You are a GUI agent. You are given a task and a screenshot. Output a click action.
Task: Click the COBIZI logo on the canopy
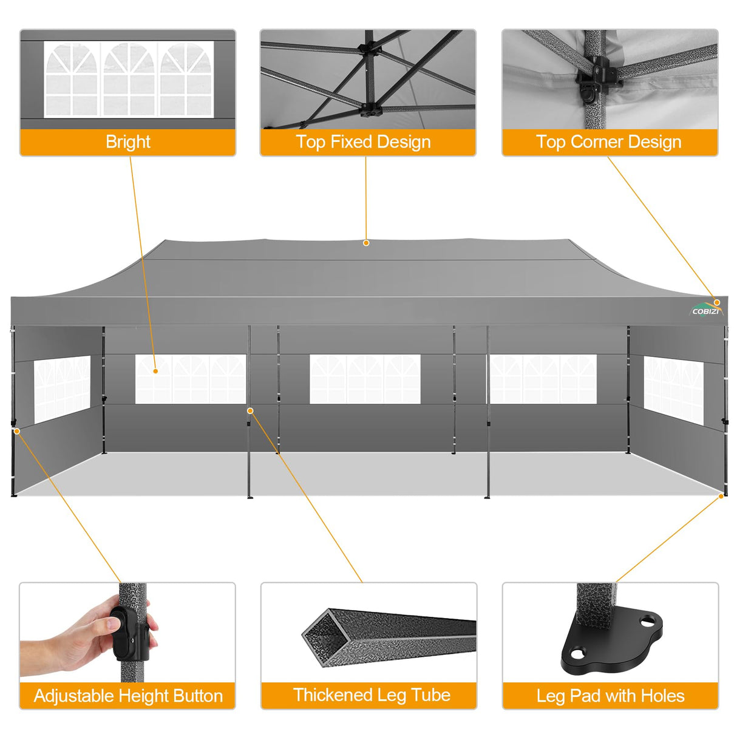click(x=705, y=310)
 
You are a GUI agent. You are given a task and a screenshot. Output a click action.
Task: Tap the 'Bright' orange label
click(x=127, y=142)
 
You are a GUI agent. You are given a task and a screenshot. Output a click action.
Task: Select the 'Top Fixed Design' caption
click(x=364, y=142)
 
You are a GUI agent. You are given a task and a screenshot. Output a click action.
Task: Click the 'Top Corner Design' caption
click(x=609, y=142)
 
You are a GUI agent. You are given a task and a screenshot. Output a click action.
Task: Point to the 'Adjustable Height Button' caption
click(x=128, y=696)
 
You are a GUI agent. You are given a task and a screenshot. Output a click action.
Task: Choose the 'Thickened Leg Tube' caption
click(x=372, y=695)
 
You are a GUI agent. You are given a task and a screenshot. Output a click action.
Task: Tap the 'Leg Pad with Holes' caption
click(x=610, y=696)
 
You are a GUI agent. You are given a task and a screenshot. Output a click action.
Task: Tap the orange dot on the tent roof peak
click(x=366, y=243)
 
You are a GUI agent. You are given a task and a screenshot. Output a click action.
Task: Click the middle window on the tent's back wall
click(x=365, y=379)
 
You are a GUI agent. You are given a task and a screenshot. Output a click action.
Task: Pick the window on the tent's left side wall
click(x=61, y=389)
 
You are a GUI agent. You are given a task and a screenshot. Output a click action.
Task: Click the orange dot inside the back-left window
click(x=155, y=371)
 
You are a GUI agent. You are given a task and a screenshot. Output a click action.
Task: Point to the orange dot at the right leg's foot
click(x=721, y=496)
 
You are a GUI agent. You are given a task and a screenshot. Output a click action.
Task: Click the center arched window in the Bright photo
click(x=128, y=79)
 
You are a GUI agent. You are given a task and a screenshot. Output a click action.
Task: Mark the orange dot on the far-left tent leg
click(x=17, y=431)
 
